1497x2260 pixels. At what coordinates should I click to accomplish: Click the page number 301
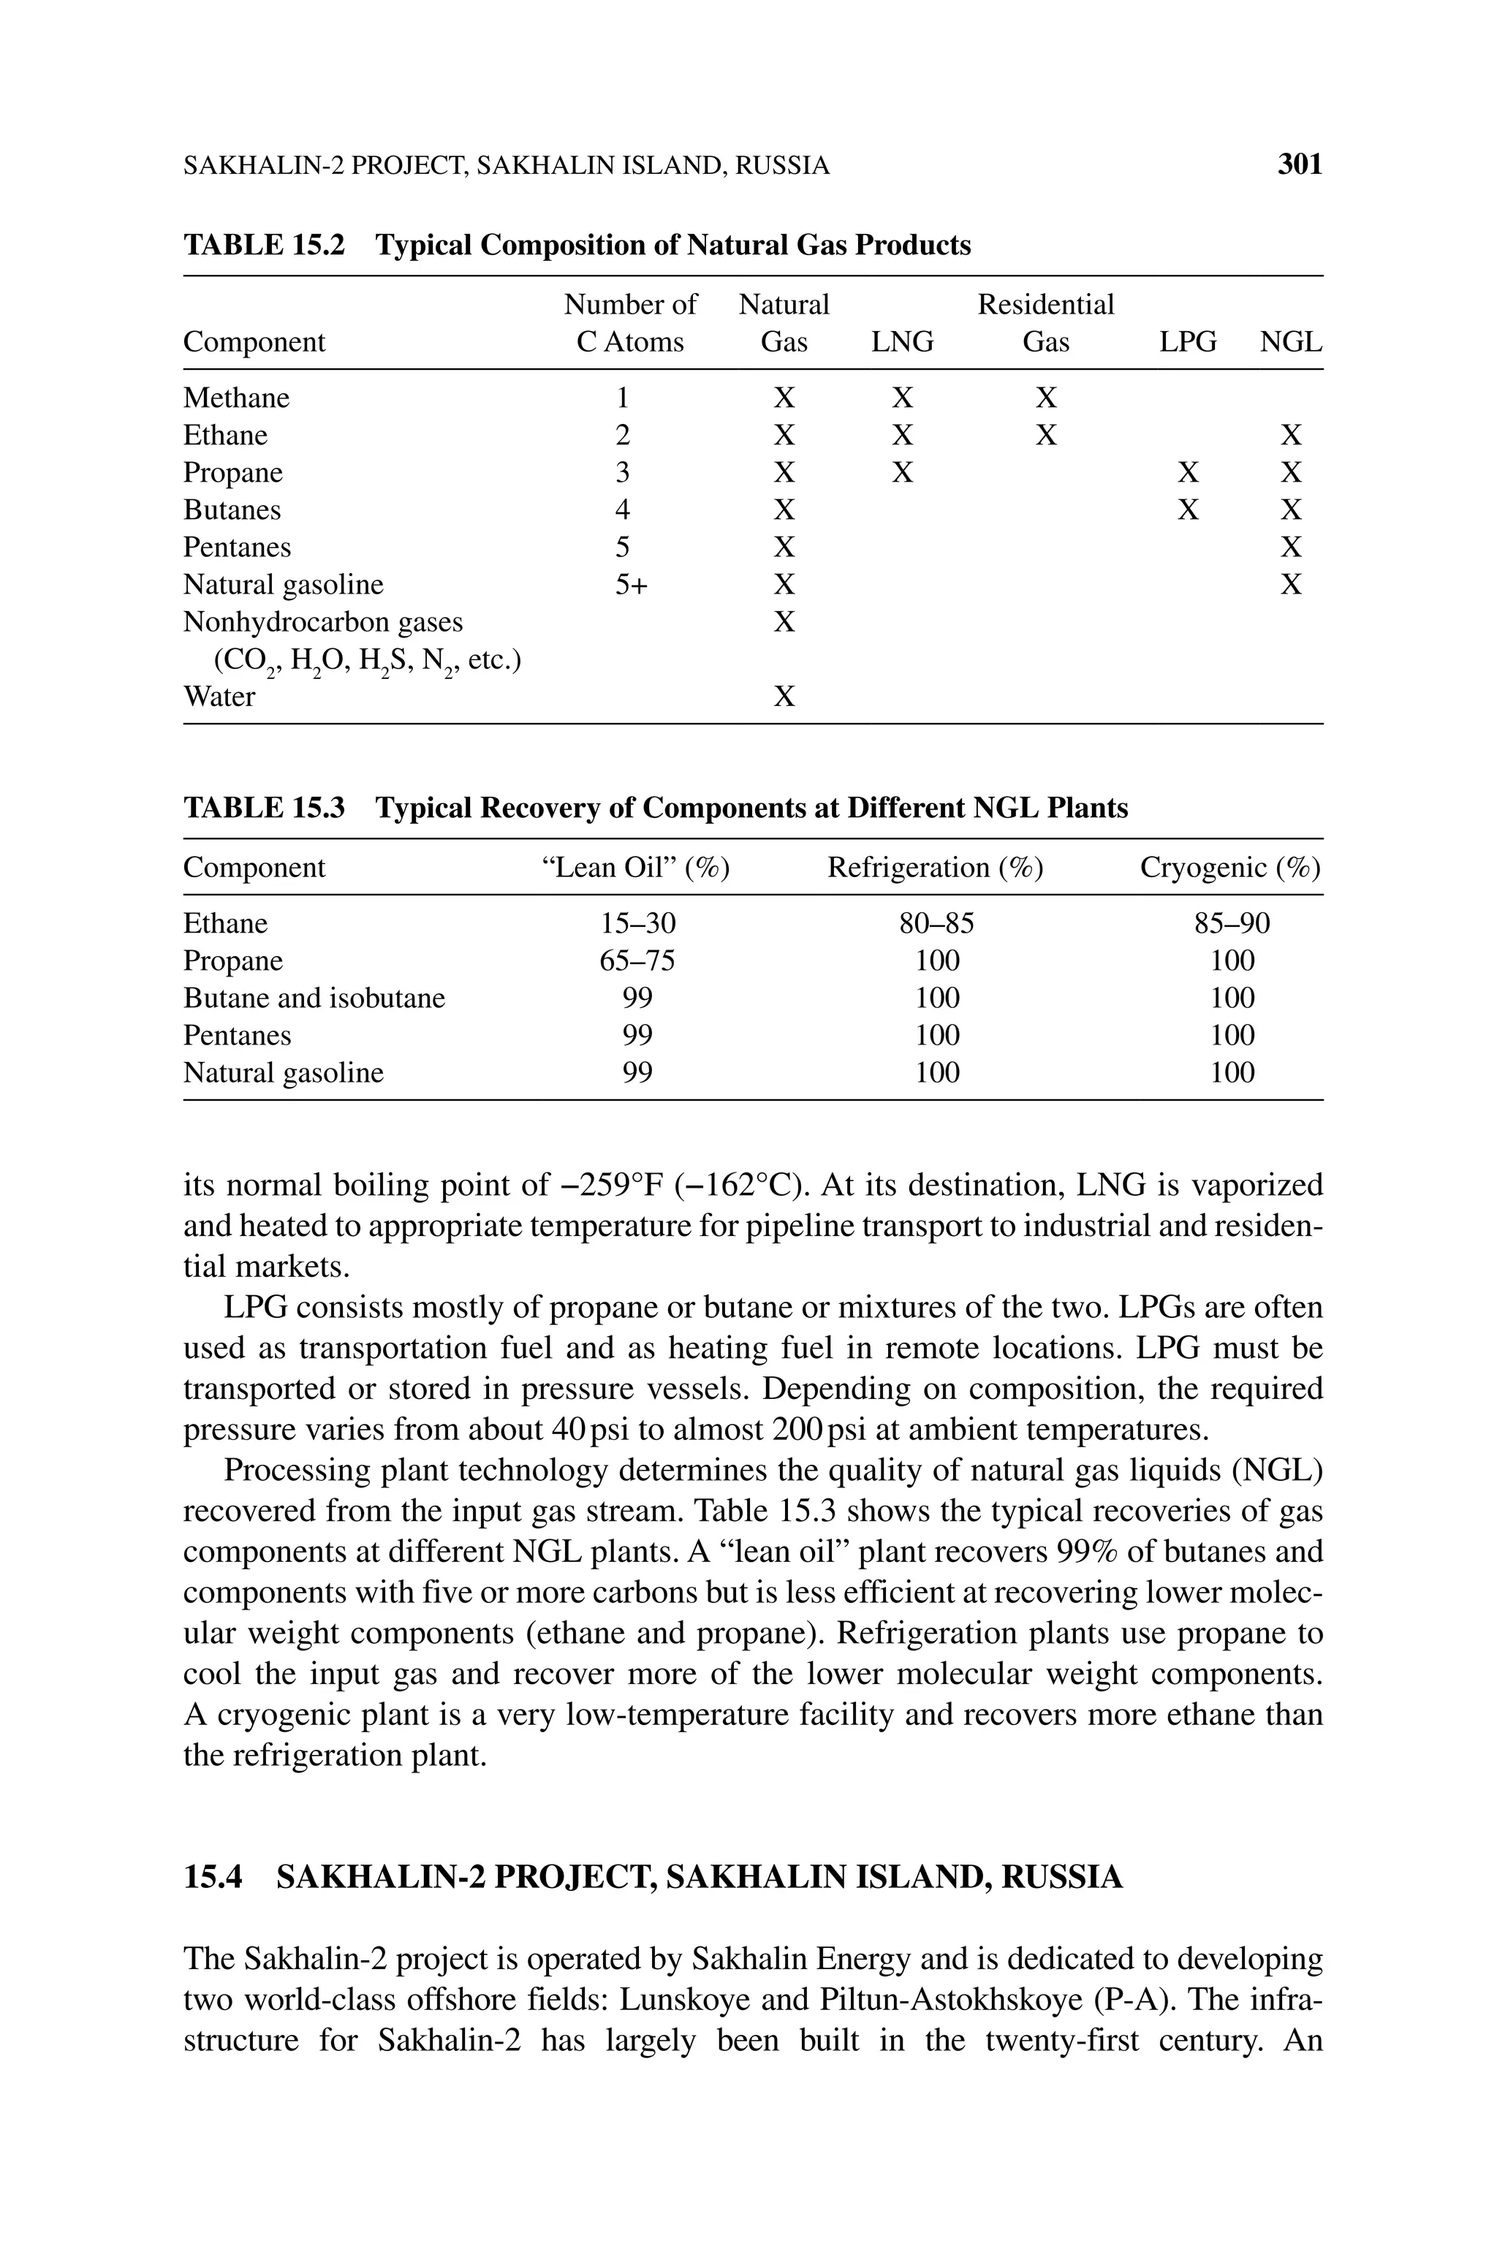(x=1300, y=165)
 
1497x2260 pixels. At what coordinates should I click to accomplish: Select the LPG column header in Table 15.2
(x=1188, y=341)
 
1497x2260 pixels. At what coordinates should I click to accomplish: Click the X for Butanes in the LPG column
(x=1188, y=509)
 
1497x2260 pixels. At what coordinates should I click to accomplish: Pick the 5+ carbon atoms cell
(x=630, y=584)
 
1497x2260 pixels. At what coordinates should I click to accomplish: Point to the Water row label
(x=219, y=696)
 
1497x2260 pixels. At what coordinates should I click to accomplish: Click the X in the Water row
(x=784, y=696)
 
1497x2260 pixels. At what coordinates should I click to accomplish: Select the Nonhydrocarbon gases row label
(x=322, y=622)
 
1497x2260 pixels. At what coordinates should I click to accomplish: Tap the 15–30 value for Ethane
(x=637, y=923)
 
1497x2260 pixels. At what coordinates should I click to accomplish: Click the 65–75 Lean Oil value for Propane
(x=637, y=960)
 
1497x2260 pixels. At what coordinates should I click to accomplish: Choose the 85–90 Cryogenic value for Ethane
(x=1232, y=923)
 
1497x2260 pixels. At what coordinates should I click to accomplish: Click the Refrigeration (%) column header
(x=935, y=868)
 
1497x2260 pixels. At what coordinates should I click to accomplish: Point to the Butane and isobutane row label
(x=314, y=998)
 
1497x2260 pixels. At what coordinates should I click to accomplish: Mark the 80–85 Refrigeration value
(x=936, y=923)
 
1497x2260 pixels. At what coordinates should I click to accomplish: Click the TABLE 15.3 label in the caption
(x=263, y=808)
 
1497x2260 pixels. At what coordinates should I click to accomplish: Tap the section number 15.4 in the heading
(x=213, y=1876)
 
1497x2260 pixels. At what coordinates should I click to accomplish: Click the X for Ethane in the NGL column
(x=1291, y=435)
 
